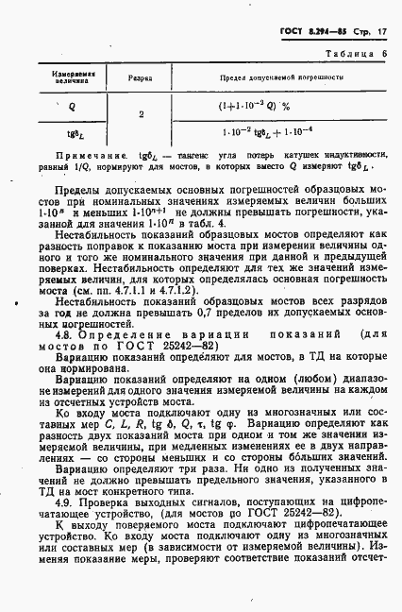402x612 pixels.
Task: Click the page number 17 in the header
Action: tap(386, 33)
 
